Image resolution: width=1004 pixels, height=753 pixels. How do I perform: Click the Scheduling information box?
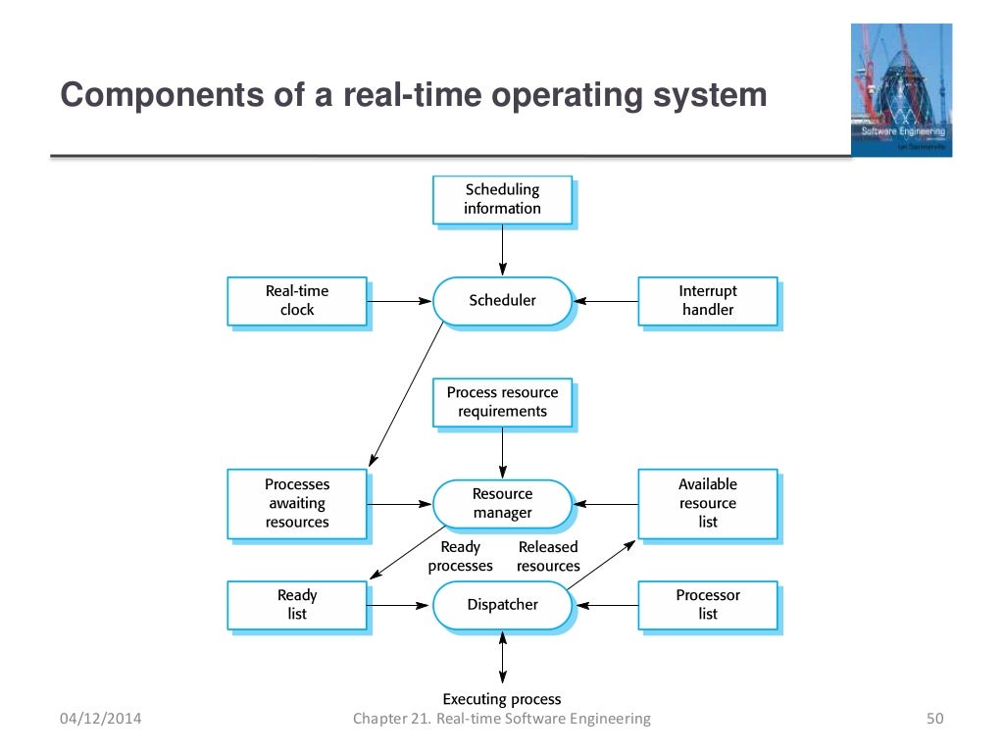(502, 199)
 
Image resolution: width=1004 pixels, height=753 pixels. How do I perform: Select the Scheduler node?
(502, 300)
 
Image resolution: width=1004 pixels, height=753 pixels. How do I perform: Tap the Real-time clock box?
(297, 300)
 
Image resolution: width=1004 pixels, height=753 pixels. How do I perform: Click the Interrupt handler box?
(707, 300)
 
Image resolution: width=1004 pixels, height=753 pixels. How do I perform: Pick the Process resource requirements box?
(502, 402)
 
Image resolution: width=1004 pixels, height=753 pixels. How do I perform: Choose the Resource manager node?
(502, 503)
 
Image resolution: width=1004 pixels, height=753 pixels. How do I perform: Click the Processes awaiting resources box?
(297, 503)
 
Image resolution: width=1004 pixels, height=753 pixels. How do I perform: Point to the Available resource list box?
(707, 503)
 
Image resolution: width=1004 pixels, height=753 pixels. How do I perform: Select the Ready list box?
(297, 604)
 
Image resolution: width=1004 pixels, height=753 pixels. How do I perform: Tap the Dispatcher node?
(502, 604)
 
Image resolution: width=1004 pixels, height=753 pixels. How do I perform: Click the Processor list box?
(707, 604)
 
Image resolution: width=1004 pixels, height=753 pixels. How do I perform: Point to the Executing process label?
(502, 699)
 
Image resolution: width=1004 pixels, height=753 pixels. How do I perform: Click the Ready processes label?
(461, 556)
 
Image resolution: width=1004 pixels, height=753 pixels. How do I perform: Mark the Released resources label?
(548, 556)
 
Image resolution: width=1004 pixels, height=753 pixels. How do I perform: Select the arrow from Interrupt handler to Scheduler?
(605, 301)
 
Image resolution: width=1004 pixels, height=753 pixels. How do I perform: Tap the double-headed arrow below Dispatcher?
(503, 657)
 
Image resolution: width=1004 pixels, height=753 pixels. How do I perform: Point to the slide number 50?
(933, 719)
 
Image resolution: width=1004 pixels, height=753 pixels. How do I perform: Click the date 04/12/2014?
(100, 719)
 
